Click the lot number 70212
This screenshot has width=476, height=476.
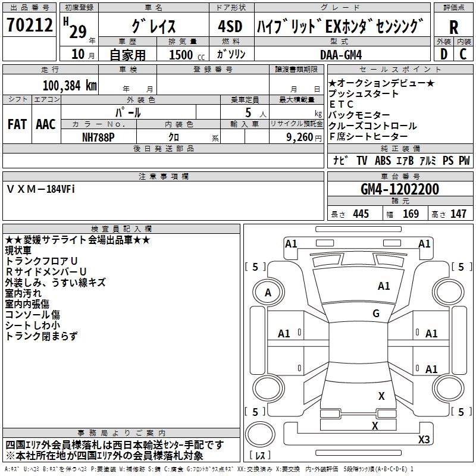pos(30,24)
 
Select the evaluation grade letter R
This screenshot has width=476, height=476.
pos(453,27)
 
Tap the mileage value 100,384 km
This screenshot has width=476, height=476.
pos(70,86)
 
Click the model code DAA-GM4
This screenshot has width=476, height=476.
pos(341,55)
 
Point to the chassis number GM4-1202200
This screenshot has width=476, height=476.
pos(400,189)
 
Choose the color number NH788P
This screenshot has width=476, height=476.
pos(98,137)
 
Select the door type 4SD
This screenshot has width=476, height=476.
pos(230,26)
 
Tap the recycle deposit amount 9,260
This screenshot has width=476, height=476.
pos(300,137)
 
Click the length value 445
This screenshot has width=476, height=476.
pos(361,214)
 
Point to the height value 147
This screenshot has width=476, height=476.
pos(458,214)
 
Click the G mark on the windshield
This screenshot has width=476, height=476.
pos(376,313)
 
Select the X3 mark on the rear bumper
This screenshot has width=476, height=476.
pos(424,439)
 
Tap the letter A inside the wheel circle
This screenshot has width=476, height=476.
pos(268,292)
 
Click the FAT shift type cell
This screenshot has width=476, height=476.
pos(17,124)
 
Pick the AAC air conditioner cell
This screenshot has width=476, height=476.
pos(46,124)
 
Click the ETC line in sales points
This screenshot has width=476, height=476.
pos(341,104)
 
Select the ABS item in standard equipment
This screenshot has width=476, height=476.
pos(383,161)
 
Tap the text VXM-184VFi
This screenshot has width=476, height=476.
pos(40,189)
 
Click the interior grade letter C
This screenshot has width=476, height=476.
pos(463,54)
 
